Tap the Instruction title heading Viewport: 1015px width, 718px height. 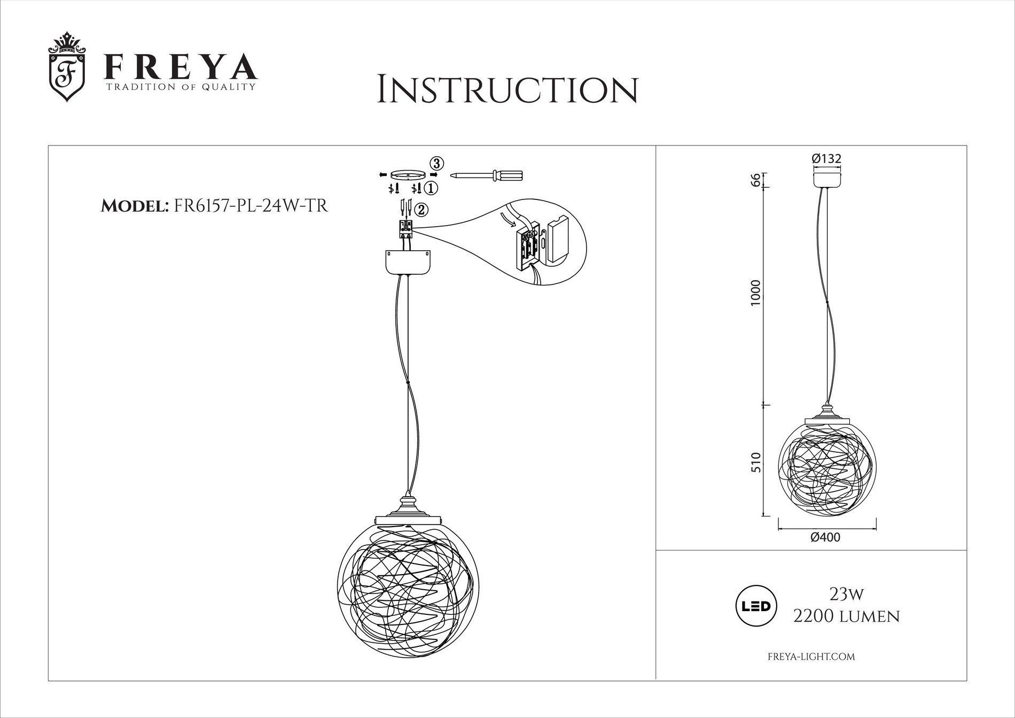[507, 89]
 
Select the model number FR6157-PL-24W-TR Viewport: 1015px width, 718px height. [251, 206]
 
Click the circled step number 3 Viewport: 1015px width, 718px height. [437, 163]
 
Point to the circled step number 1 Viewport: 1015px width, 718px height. [432, 188]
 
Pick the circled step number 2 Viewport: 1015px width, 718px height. [421, 210]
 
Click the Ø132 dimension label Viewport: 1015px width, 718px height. [826, 159]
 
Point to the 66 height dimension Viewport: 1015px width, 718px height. [754, 180]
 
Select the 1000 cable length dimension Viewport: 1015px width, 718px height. [754, 293]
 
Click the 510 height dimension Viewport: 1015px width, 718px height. [754, 462]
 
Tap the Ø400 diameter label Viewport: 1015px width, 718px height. [825, 537]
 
